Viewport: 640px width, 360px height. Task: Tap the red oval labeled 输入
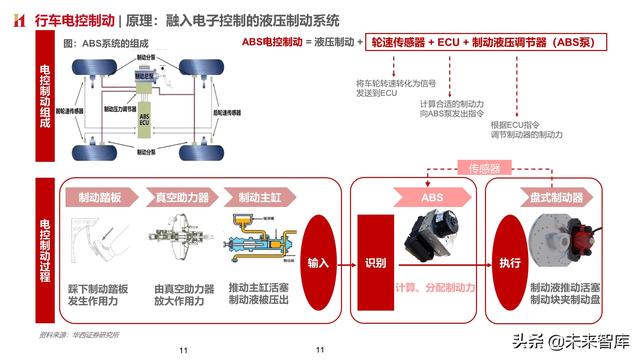coord(319,263)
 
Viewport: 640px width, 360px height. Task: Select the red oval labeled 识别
coord(375,263)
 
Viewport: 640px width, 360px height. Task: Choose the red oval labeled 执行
coord(510,263)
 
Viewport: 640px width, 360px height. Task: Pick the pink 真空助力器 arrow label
coord(180,196)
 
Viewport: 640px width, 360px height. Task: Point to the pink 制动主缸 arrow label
coord(255,196)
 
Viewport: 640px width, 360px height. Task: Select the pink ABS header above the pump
coord(432,197)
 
